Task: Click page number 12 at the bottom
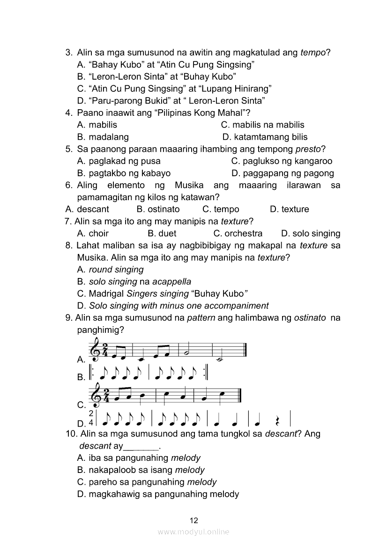pyautogui.click(x=194, y=520)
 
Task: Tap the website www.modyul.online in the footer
pyautogui.click(x=193, y=532)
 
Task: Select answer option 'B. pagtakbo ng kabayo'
pyautogui.click(x=124, y=173)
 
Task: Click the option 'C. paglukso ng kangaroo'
pyautogui.click(x=282, y=161)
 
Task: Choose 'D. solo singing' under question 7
pyautogui.click(x=311, y=233)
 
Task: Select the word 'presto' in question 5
pyautogui.click(x=308, y=149)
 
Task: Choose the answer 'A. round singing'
pyautogui.click(x=110, y=270)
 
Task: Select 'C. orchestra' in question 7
pyautogui.click(x=238, y=233)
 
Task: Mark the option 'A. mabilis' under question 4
pyautogui.click(x=97, y=125)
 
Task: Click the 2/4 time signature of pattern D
pyautogui.click(x=91, y=417)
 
